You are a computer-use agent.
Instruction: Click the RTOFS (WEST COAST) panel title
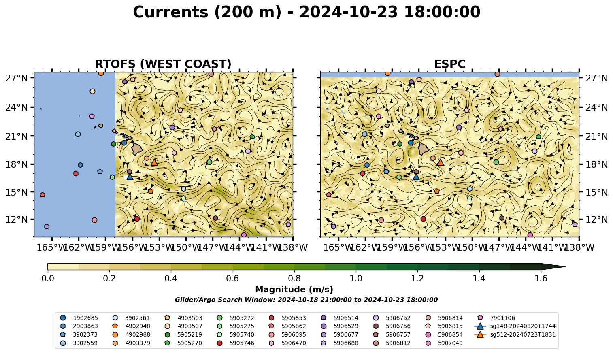(163, 64)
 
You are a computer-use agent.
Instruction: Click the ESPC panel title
(449, 64)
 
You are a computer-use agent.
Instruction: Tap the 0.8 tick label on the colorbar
(294, 279)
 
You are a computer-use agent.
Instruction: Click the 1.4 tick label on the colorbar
(479, 279)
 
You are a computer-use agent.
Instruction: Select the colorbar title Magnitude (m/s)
(294, 290)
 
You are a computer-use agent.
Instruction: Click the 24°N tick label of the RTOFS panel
(17, 107)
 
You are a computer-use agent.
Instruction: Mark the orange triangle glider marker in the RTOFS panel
(154, 162)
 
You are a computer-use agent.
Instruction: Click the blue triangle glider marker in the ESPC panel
(416, 177)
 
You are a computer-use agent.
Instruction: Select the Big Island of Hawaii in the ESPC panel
(424, 149)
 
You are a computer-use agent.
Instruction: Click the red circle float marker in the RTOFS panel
(137, 219)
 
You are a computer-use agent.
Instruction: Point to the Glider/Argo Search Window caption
(306, 300)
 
